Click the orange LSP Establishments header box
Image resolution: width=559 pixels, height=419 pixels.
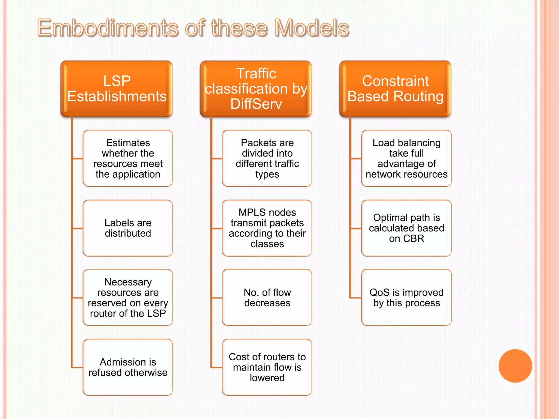[x=117, y=89]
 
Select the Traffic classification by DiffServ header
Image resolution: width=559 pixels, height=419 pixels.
[x=256, y=89]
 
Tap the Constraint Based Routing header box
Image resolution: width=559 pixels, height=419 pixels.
[x=395, y=89]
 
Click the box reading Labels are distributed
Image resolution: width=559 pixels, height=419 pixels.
[x=128, y=228]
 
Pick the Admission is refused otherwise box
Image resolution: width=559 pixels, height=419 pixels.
[x=128, y=367]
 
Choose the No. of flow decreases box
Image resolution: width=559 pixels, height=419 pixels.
[x=267, y=298]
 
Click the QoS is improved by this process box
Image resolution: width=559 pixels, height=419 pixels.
[x=406, y=298]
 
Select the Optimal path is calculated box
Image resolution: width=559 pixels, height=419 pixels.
[x=406, y=228]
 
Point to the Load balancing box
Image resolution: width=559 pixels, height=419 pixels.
[x=406, y=158]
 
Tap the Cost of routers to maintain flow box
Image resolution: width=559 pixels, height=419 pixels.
[x=267, y=367]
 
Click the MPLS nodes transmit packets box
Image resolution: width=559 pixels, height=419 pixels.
[x=267, y=228]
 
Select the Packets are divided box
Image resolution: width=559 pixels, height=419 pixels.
[x=267, y=158]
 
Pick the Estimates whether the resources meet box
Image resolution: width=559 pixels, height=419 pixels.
[x=128, y=158]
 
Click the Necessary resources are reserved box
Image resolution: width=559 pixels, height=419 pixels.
[x=128, y=298]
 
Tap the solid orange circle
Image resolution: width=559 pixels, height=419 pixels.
[x=515, y=366]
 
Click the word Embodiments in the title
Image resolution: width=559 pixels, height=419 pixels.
[x=108, y=28]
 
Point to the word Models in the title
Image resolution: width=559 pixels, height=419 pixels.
[x=312, y=28]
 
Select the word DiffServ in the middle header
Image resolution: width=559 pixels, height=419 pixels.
[x=256, y=104]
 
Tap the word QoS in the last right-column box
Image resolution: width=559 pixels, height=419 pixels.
[x=379, y=292]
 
